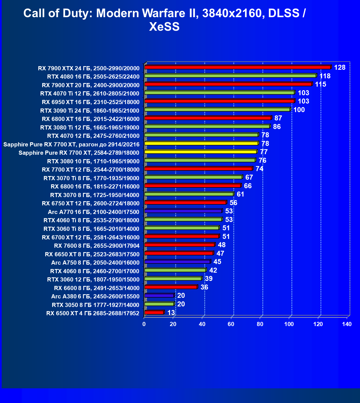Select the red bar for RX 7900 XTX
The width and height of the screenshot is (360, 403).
coord(237,67)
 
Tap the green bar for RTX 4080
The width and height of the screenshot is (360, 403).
coord(230,76)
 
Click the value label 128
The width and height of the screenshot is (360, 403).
coord(340,68)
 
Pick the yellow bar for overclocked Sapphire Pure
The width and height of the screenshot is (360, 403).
coord(201,143)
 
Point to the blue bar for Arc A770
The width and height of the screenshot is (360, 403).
coord(183,211)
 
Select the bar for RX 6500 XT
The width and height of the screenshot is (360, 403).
coord(154,312)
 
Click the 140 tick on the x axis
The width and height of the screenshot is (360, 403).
coord(347,324)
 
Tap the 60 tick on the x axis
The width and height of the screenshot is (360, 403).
coord(231,324)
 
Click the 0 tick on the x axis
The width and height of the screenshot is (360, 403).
coord(144,324)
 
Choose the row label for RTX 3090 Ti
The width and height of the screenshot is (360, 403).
coord(90,111)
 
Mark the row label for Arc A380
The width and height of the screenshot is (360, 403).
coord(95,296)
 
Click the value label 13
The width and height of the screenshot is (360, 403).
coord(171,313)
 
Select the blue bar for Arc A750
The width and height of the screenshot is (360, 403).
coord(177,262)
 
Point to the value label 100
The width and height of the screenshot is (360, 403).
coord(299,110)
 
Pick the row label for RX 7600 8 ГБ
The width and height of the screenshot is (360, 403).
coord(97,246)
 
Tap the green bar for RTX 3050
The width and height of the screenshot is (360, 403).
coord(159,304)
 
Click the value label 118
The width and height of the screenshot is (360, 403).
coord(325,76)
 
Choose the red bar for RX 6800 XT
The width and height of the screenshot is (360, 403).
coord(208,118)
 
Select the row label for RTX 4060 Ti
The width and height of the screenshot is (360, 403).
coord(91,220)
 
